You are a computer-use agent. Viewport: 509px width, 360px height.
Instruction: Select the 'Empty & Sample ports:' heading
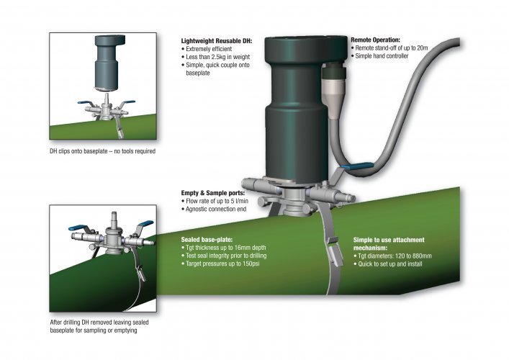coord(215,193)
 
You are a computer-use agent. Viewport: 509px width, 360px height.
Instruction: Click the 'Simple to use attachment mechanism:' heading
coord(393,243)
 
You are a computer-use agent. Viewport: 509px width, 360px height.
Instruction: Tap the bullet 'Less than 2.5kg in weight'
coord(219,55)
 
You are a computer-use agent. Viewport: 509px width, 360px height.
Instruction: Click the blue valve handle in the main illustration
coord(353,168)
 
